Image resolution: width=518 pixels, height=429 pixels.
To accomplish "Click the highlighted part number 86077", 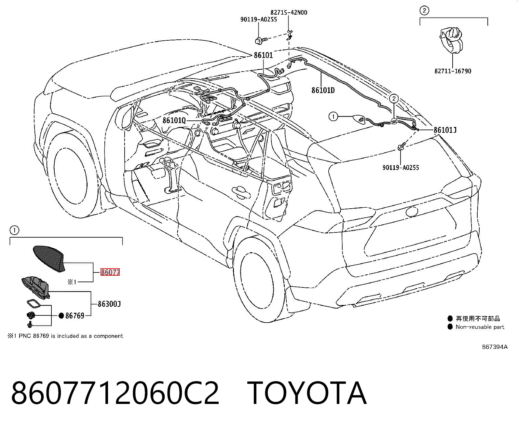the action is click(x=110, y=272).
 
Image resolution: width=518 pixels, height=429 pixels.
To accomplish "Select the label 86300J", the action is click(x=109, y=304).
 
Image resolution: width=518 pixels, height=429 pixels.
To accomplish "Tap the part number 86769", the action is click(x=75, y=315).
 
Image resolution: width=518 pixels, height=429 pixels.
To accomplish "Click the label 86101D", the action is click(x=323, y=90).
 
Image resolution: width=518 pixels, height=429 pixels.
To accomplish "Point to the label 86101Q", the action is click(x=174, y=120).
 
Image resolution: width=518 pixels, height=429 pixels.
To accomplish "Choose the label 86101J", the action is click(x=445, y=130).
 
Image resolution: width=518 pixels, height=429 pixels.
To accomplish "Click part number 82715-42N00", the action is click(x=289, y=12).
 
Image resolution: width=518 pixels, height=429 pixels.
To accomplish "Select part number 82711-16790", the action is click(x=453, y=71).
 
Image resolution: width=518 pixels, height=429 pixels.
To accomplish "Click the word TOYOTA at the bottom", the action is click(x=307, y=393).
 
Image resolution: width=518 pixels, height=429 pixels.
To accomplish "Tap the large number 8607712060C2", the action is click(x=115, y=393).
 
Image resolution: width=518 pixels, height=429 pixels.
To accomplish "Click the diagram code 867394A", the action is click(x=495, y=347).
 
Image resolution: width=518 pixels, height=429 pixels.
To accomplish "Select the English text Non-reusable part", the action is click(x=480, y=327).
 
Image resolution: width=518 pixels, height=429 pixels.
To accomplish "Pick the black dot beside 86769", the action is click(x=61, y=316).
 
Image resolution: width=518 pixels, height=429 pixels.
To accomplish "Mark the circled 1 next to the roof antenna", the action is click(x=333, y=117).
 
